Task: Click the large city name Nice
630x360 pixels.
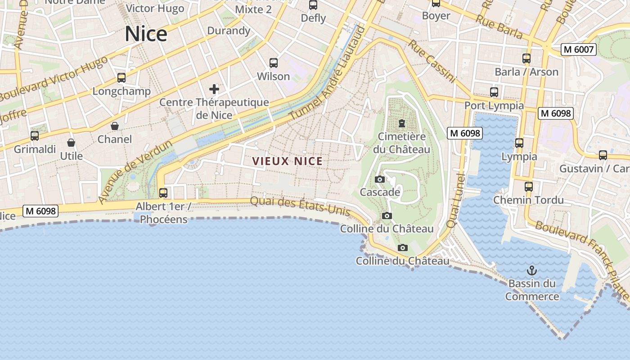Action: tap(146, 34)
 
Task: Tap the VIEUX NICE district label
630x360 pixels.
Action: tap(287, 161)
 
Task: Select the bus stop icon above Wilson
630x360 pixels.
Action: tap(274, 63)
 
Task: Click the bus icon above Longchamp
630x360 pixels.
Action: tap(121, 78)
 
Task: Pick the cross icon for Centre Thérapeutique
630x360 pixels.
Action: tap(214, 89)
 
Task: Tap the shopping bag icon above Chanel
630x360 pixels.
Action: tap(115, 126)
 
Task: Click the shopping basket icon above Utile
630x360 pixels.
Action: tap(71, 143)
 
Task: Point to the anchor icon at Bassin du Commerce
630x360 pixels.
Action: tap(532, 270)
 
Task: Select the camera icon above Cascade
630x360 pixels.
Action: tap(379, 179)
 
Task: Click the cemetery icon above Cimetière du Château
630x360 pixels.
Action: tap(402, 123)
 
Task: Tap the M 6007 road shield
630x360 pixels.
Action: tap(578, 49)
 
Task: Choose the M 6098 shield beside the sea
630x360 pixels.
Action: tap(41, 211)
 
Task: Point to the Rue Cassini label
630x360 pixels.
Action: tap(432, 62)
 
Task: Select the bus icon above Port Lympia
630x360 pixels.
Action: tap(494, 92)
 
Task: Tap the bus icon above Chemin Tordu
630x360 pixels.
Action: tap(529, 186)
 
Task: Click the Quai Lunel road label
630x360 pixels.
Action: tap(455, 200)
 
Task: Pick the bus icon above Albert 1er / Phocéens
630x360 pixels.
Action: tap(163, 193)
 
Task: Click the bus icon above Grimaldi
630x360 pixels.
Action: tap(35, 135)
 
